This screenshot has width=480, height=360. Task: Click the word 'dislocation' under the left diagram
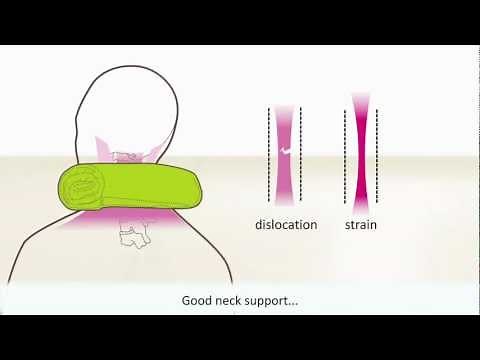click(285, 225)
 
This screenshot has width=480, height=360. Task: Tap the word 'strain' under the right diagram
click(360, 225)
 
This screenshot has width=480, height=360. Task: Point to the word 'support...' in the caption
click(279, 300)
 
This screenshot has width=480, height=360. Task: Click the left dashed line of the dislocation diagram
click(270, 150)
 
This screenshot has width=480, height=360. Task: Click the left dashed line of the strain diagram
click(345, 150)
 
